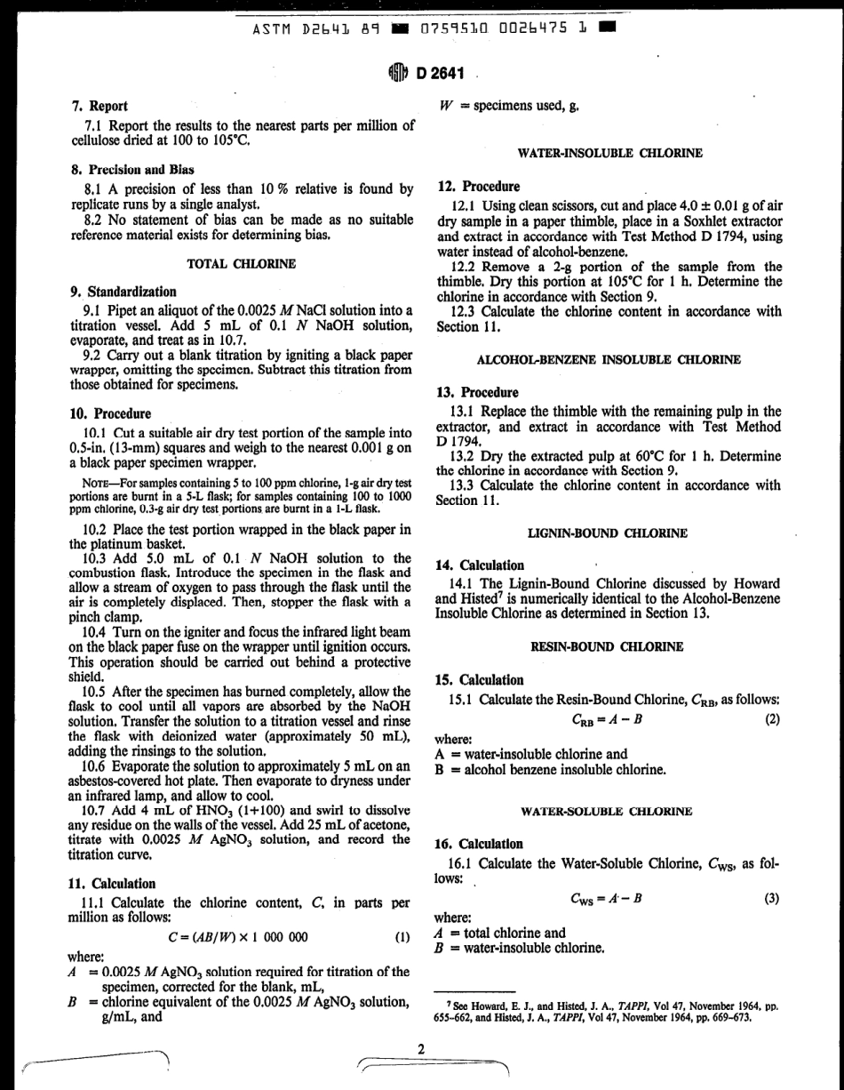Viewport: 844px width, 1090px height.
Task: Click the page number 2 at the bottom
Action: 422,1023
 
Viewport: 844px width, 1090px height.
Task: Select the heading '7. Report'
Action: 99,106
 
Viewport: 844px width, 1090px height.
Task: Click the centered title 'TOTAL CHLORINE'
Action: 241,264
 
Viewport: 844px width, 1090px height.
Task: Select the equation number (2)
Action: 771,720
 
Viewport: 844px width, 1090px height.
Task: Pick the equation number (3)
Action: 771,899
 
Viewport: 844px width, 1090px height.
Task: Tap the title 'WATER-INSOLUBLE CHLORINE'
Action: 610,153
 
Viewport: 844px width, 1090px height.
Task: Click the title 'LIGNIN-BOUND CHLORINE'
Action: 608,533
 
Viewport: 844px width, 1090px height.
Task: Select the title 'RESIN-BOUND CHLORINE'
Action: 607,647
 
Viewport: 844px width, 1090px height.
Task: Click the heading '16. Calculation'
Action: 480,844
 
